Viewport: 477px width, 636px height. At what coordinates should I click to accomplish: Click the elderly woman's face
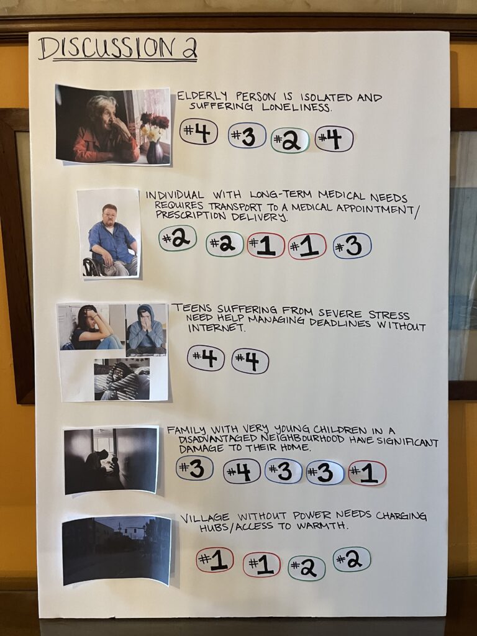pos(104,116)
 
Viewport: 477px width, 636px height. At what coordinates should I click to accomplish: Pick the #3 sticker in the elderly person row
pos(247,135)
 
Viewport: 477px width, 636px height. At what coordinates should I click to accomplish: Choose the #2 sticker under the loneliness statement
pos(290,140)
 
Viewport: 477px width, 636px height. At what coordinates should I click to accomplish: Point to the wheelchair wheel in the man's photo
pos(92,267)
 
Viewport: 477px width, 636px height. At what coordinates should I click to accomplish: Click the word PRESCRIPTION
pos(191,215)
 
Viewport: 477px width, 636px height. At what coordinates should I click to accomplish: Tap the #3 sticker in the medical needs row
pos(352,246)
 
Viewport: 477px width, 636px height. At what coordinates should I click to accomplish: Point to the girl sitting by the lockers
pos(93,328)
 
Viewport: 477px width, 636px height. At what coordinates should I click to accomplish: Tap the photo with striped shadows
pos(122,379)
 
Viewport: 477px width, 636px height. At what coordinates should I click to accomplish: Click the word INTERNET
pos(216,328)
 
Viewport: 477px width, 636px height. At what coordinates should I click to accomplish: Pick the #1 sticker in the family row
pos(367,473)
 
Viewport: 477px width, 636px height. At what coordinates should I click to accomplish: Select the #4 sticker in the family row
pos(242,471)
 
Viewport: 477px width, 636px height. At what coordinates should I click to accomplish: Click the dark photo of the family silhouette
pos(111,460)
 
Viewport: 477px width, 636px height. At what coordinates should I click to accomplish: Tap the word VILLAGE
pos(205,518)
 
